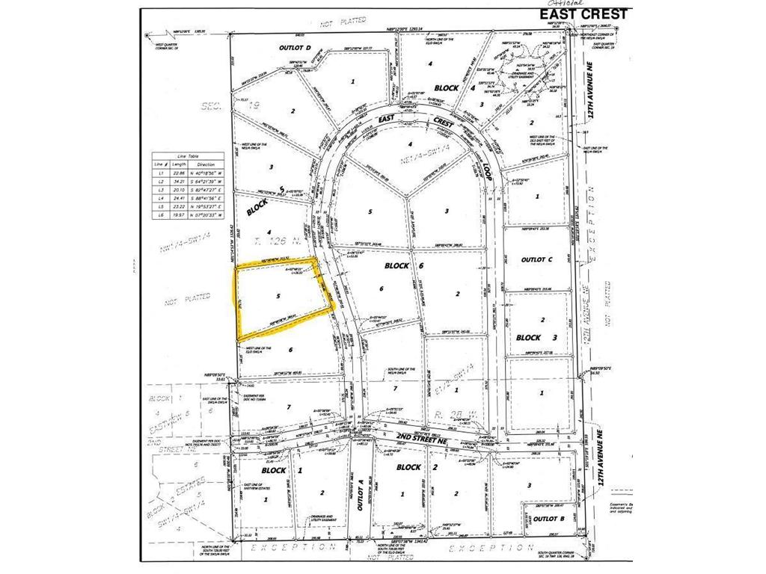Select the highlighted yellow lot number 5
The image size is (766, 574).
click(278, 297)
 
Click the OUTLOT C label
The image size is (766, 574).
click(535, 259)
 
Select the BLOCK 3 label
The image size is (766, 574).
click(533, 337)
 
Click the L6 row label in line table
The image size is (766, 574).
click(158, 215)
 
